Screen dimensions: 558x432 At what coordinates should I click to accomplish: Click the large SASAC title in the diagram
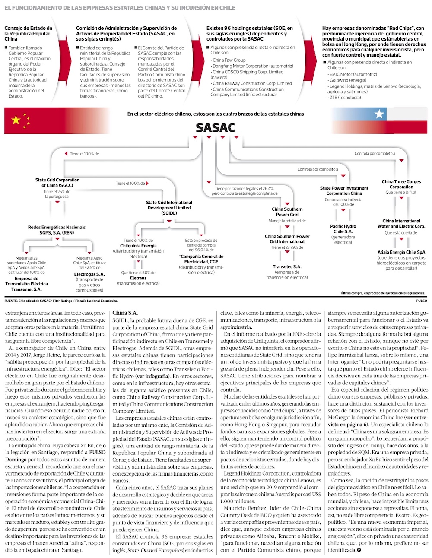(216, 127)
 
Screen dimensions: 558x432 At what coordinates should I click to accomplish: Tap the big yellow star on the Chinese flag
(16, 120)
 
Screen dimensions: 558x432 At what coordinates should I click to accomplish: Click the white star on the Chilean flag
(379, 114)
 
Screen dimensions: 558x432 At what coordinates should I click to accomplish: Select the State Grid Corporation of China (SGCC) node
(57, 183)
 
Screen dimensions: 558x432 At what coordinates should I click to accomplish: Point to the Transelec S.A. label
(287, 267)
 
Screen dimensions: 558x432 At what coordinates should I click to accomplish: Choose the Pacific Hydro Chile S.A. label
(343, 229)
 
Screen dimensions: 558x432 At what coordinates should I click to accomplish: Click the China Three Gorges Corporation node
(401, 184)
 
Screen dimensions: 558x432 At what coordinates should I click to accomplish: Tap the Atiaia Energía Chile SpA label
(401, 252)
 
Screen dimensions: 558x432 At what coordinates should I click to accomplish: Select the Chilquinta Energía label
(138, 246)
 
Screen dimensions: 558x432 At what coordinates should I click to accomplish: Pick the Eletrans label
(138, 278)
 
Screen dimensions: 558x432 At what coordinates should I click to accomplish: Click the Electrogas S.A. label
(89, 274)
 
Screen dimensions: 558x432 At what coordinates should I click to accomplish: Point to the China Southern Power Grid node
(287, 212)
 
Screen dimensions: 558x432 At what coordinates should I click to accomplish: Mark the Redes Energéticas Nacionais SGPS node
(57, 230)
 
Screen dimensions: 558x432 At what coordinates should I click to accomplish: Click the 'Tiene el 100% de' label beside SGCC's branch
(84, 154)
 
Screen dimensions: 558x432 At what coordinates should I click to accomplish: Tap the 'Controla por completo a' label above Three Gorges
(375, 153)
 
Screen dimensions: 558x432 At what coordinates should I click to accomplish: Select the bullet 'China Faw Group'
(229, 60)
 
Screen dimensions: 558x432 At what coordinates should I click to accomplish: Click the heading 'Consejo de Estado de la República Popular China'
(29, 33)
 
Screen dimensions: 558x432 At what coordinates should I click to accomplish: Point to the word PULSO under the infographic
(421, 301)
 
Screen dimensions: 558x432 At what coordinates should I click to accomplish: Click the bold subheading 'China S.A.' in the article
(125, 313)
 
